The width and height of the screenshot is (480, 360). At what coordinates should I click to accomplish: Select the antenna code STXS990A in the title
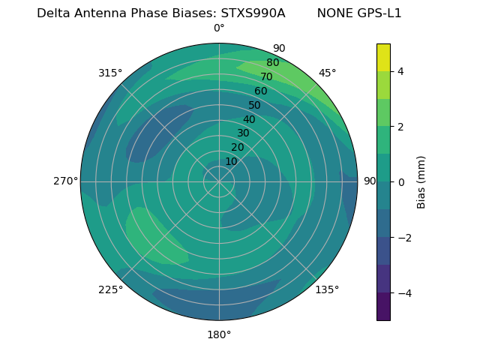[x=253, y=13]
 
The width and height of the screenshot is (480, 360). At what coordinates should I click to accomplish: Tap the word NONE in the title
[x=335, y=13]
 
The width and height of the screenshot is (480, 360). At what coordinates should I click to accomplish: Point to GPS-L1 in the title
[x=380, y=13]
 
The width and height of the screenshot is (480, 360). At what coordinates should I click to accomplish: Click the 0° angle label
[x=219, y=28]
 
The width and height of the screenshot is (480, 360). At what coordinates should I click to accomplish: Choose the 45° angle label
[x=327, y=73]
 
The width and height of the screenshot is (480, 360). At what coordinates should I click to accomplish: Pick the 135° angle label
[x=327, y=289]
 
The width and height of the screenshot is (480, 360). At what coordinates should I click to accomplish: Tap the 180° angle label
[x=219, y=334]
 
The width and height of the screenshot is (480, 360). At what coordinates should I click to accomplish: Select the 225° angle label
[x=110, y=289]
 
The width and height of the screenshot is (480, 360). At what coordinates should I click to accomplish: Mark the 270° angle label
[x=65, y=181]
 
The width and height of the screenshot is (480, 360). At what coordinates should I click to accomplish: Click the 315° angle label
[x=110, y=73]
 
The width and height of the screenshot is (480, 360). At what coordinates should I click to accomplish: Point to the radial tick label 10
[x=231, y=161]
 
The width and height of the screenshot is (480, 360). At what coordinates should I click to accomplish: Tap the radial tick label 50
[x=255, y=105]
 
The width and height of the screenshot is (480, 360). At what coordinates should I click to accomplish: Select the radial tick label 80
[x=272, y=63]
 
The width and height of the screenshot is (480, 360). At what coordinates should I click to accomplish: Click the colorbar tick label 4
[x=401, y=71]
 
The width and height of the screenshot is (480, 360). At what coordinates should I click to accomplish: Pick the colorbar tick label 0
[x=401, y=182]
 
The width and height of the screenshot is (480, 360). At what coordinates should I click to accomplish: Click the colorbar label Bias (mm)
[x=421, y=182]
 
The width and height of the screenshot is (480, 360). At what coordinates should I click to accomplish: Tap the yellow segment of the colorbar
[x=383, y=57]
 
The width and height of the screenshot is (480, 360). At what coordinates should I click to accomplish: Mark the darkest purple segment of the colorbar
[x=383, y=306]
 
